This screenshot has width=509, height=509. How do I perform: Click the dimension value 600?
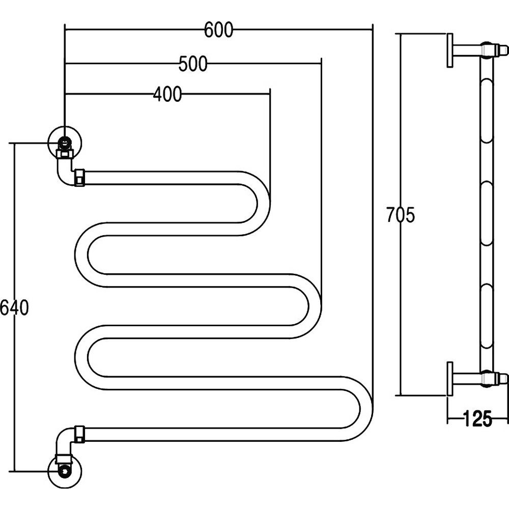tap(218, 31)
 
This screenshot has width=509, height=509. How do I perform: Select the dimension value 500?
tap(193, 64)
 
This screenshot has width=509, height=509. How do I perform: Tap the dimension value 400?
tap(167, 95)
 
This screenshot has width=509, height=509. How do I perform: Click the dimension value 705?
tap(400, 215)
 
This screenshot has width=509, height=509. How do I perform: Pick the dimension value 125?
tap(478, 419)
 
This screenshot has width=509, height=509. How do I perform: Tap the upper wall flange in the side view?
tap(450, 50)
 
